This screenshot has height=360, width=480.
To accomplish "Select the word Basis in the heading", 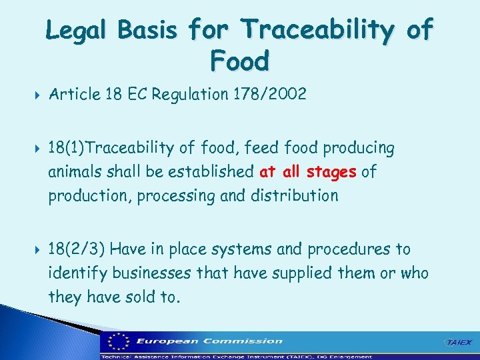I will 152,31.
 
